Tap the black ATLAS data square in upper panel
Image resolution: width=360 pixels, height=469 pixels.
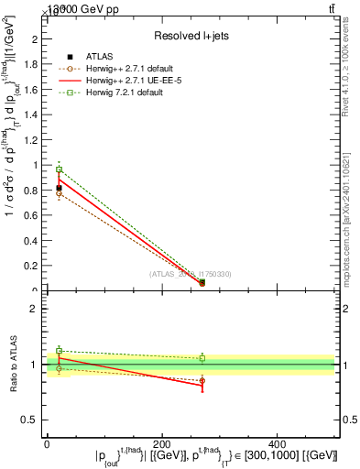tap(59, 188)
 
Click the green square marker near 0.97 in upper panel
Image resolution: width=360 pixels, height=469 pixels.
tap(59, 169)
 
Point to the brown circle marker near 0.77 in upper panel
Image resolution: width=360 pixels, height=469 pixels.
tap(59, 194)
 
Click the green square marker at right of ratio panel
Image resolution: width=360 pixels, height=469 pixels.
tap(202, 358)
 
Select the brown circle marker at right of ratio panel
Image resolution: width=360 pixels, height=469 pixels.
tap(202, 380)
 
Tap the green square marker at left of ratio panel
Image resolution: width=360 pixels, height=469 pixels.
tap(59, 351)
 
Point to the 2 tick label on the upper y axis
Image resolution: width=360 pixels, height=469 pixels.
tap(35, 39)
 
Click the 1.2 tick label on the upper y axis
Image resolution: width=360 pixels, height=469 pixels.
tap(31, 140)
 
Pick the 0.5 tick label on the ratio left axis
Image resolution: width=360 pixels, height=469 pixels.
tap(30, 420)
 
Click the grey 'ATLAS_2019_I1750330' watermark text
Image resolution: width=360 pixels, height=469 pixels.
tap(190, 274)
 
